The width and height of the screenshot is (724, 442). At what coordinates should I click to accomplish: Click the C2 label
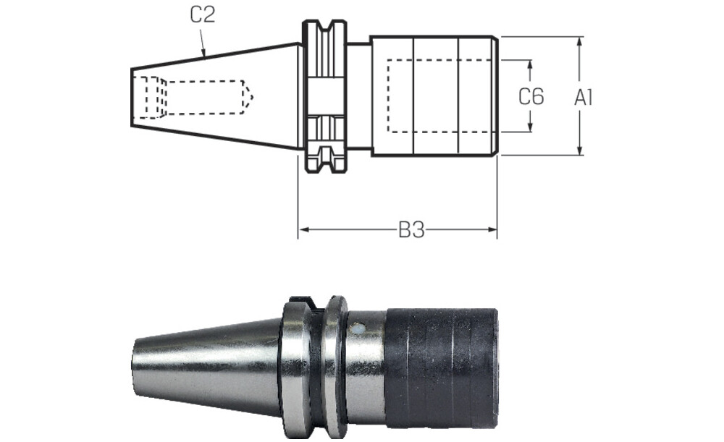(203, 14)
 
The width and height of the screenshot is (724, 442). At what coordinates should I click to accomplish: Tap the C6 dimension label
(531, 96)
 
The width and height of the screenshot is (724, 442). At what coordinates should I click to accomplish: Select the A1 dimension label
(583, 98)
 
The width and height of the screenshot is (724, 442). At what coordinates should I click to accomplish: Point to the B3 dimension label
(411, 230)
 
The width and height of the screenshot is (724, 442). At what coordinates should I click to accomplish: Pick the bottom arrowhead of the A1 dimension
(581, 150)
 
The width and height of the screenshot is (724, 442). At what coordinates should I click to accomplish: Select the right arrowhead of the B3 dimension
(491, 229)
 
